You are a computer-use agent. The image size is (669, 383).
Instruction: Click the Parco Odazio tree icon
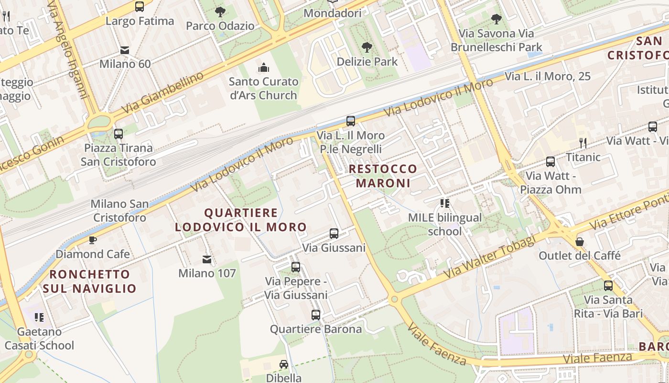coord(220,11)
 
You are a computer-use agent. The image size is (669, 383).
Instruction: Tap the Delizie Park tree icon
coord(367,47)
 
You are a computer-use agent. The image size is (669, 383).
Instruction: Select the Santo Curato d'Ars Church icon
coord(263,68)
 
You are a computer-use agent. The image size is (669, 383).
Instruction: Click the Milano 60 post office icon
coord(125,50)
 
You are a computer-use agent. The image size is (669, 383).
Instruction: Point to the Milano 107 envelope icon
coord(207,259)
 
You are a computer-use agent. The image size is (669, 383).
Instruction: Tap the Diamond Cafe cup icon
coord(93,239)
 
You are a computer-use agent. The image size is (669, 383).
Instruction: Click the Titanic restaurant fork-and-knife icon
coord(583,143)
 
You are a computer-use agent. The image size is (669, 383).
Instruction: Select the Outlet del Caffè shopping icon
coord(580,241)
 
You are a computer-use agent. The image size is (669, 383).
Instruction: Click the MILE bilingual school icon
coord(445,203)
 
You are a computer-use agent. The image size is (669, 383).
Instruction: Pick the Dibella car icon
coord(284,364)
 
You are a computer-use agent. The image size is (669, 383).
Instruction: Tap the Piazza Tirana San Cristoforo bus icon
coord(118,134)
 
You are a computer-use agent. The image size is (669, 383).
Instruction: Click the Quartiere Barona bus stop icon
coord(315,315)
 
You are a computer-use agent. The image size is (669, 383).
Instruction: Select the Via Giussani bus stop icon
coord(334,234)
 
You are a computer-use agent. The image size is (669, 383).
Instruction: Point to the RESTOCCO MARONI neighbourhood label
coord(383,176)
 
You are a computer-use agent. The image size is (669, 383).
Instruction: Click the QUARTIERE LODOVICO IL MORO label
coord(241,220)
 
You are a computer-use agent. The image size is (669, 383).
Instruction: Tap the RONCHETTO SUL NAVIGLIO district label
coord(89,281)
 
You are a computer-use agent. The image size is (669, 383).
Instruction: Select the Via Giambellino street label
coord(162,93)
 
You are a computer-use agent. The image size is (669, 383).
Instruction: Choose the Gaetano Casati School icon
coord(39,317)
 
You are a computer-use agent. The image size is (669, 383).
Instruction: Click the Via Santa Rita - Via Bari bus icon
coord(608,286)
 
